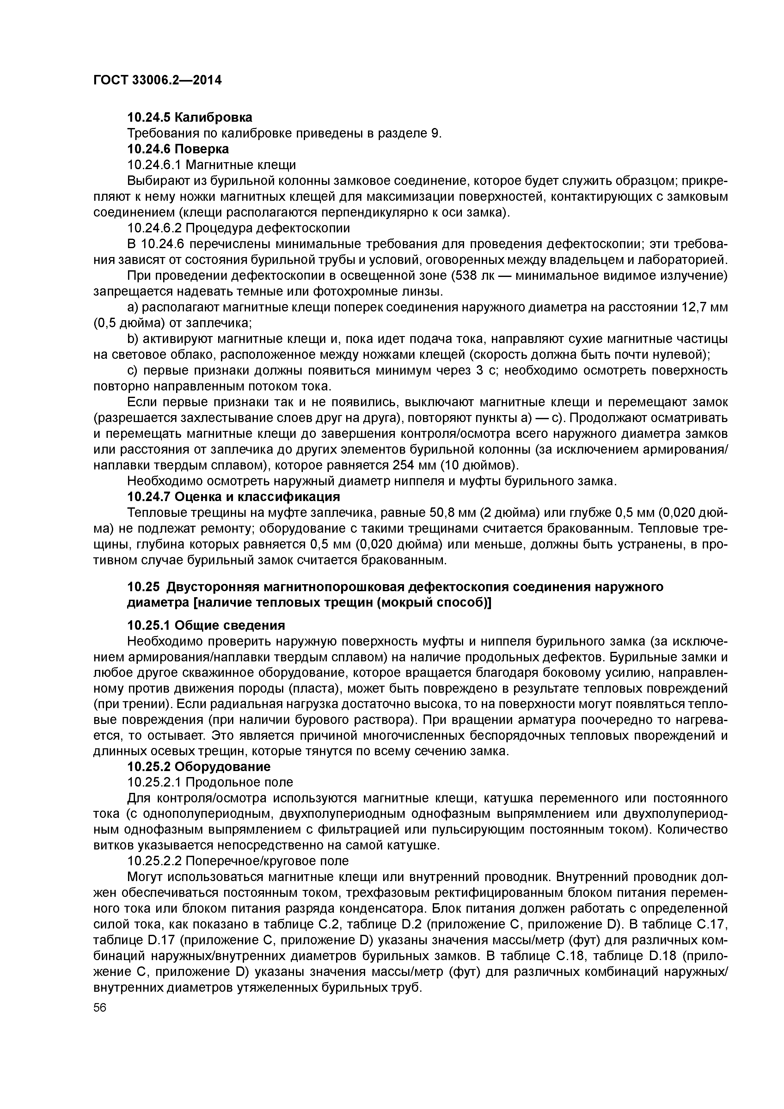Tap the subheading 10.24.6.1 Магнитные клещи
click(211, 165)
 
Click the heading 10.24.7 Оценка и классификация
click(233, 497)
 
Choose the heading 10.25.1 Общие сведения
click(206, 626)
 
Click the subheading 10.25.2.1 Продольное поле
click(210, 782)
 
